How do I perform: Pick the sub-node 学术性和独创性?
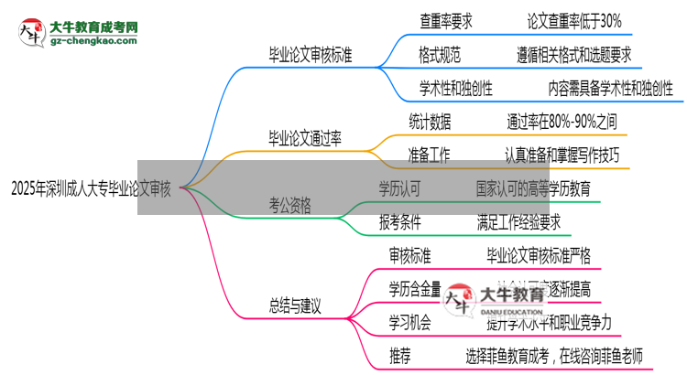[456, 89]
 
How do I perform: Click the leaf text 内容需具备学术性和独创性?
[610, 89]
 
